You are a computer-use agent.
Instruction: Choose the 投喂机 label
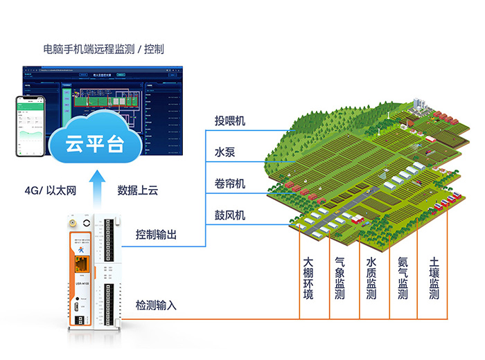click(230, 122)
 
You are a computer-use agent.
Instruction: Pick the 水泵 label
click(224, 152)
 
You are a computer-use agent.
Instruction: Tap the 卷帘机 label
click(230, 184)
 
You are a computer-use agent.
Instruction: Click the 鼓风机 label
click(230, 216)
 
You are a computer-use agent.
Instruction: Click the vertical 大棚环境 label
click(308, 279)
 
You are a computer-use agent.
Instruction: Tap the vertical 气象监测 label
click(339, 279)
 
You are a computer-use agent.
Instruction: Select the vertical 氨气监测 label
click(403, 279)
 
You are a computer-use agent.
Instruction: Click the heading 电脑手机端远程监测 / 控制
click(103, 49)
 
